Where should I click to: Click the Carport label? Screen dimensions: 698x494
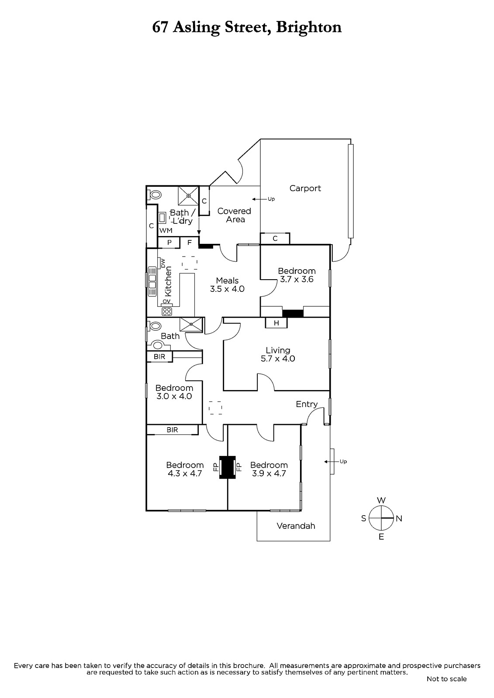click(305, 188)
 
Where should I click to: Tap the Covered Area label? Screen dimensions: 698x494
click(235, 215)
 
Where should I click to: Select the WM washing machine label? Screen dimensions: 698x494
click(166, 230)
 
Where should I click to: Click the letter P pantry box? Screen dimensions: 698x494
click(169, 243)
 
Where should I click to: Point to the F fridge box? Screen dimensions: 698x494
click(189, 243)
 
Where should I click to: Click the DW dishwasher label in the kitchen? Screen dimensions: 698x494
click(163, 263)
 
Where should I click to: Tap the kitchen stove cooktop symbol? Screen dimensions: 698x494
click(166, 311)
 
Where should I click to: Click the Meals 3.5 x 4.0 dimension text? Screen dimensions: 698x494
click(227, 289)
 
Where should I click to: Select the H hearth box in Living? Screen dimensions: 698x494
click(276, 323)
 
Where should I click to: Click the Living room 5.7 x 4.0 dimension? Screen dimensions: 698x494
click(278, 359)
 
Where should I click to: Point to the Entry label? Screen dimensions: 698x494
click(307, 404)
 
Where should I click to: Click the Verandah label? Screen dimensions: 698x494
click(296, 526)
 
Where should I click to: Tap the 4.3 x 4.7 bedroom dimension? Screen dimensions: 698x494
click(185, 473)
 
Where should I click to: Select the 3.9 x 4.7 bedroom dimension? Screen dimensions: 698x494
click(269, 473)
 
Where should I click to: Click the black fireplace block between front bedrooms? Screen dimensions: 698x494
click(227, 467)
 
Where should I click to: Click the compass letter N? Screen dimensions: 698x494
click(399, 518)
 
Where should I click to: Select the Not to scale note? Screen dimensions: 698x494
click(446, 679)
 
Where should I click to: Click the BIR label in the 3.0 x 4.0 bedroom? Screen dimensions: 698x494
click(159, 356)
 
